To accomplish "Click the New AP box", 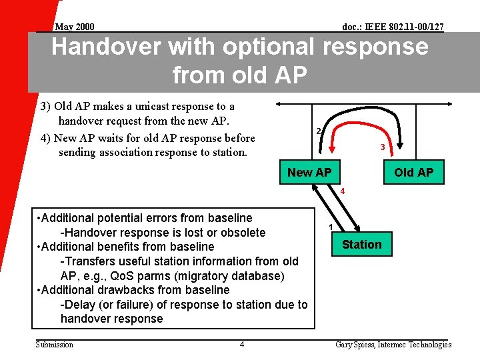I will pyautogui.click(x=309, y=173).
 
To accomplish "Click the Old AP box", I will pyautogui.click(x=413, y=173).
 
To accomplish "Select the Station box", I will pyautogui.click(x=361, y=245).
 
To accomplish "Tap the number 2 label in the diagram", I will pyautogui.click(x=319, y=131).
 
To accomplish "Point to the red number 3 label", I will pyautogui.click(x=382, y=147).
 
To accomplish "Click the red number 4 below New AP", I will pyautogui.click(x=342, y=192).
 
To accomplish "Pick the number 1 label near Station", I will pyautogui.click(x=331, y=227).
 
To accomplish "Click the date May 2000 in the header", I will pyautogui.click(x=74, y=27).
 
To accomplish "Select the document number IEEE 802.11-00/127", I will pyautogui.click(x=393, y=27).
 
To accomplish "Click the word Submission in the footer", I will pyautogui.click(x=54, y=345).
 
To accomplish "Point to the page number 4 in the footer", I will pyautogui.click(x=242, y=345).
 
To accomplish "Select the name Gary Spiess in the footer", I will pyautogui.click(x=355, y=345).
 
